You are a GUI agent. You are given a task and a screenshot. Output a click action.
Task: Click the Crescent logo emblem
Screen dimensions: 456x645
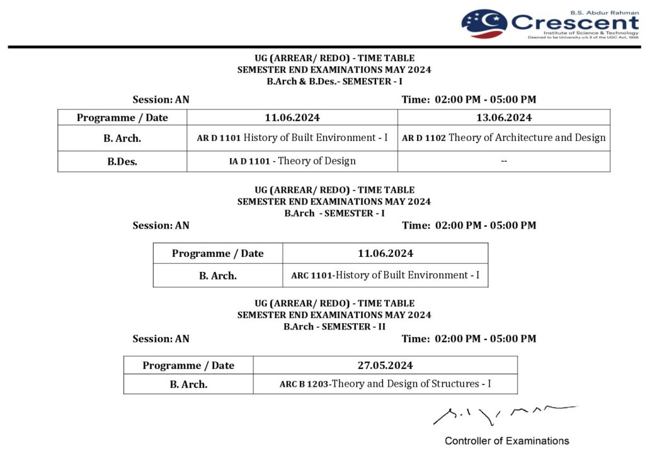click(484, 24)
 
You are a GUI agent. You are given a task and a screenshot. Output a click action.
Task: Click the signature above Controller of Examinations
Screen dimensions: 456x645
click(504, 414)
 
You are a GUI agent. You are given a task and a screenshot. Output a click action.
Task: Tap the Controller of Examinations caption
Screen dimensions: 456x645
click(506, 441)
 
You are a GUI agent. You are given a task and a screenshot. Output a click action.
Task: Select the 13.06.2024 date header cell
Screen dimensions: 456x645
click(504, 117)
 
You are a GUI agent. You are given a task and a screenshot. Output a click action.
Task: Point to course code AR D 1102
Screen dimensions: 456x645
click(424, 138)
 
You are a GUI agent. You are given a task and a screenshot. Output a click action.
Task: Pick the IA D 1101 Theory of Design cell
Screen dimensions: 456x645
click(292, 161)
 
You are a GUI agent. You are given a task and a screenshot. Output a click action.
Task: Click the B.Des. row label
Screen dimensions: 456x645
click(122, 161)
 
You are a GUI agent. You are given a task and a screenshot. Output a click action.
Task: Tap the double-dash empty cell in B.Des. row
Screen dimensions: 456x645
click(504, 161)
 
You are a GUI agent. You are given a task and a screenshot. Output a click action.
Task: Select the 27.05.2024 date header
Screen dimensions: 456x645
click(385, 365)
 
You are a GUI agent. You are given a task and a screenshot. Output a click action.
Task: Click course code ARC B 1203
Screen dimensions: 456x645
click(304, 384)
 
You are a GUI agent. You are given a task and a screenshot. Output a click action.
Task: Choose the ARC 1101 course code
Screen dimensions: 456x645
click(312, 275)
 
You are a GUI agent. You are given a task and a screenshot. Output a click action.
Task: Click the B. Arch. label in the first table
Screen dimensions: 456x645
click(122, 138)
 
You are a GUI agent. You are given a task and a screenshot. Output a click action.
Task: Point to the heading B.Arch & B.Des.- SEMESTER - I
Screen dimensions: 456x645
click(334, 81)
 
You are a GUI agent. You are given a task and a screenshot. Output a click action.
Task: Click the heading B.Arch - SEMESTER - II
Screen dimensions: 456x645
click(334, 327)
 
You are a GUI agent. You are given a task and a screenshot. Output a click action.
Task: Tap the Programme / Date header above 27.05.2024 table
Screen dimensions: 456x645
click(188, 365)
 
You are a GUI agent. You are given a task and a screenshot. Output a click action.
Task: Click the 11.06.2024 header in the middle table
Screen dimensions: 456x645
click(385, 253)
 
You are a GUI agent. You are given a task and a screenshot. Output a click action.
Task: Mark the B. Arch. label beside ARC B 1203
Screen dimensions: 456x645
click(188, 384)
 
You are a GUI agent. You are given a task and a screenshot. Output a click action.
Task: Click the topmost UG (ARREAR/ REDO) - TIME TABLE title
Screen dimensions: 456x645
click(334, 58)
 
